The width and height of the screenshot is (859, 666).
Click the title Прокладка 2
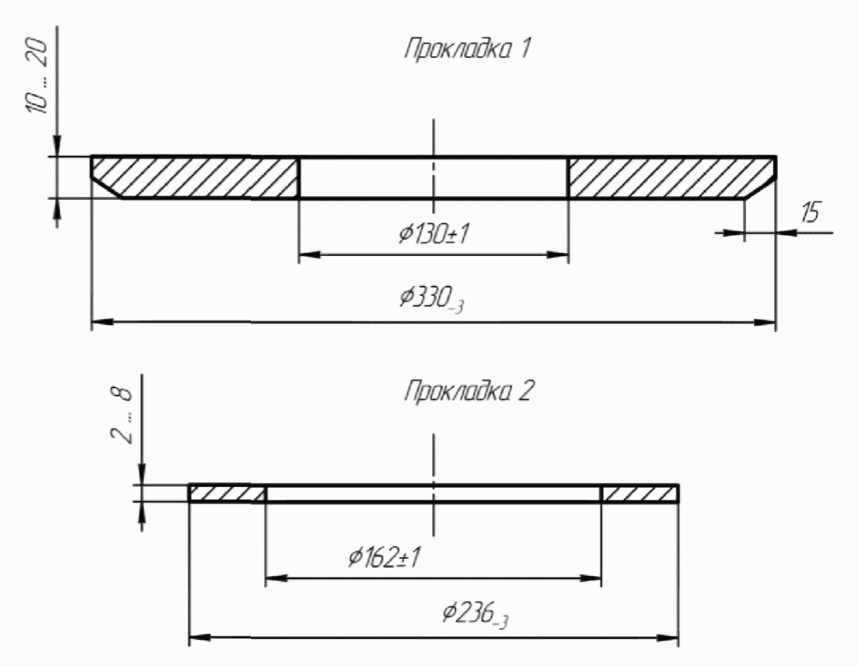[x=469, y=391]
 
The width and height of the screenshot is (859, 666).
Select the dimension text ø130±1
[x=434, y=233]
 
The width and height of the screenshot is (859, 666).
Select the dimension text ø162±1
[x=384, y=558]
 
